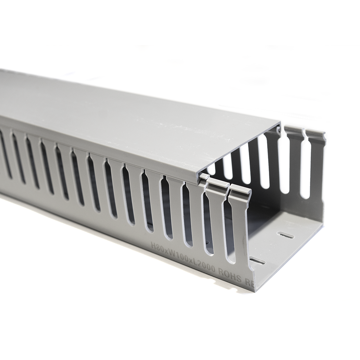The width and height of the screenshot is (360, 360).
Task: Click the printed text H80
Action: (x=156, y=246)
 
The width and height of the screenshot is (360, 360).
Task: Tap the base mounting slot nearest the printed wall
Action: (x=257, y=261)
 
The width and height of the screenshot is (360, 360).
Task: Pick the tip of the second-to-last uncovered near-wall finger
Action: (x=217, y=185)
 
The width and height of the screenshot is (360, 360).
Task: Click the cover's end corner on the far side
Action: (x=280, y=123)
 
